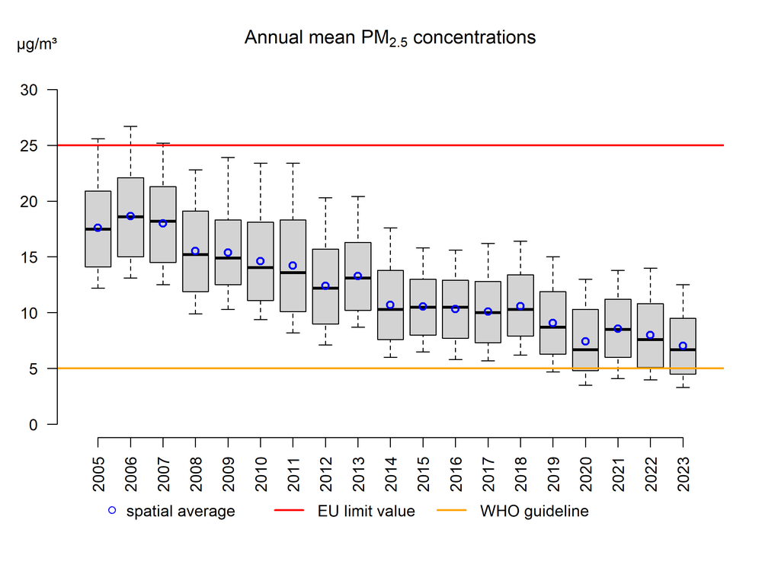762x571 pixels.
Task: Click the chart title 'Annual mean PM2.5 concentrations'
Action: pos(389,37)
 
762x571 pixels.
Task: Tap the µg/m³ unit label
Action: pos(37,44)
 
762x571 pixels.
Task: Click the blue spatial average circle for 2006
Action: pos(130,216)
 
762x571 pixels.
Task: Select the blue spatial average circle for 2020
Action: pos(585,342)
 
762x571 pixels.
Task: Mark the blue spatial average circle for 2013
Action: pos(357,276)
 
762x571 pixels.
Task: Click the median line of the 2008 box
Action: pos(195,254)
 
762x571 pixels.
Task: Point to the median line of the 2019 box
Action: pos(552,327)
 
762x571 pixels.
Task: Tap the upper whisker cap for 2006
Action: pos(130,126)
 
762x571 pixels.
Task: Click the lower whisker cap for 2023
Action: pos(683,388)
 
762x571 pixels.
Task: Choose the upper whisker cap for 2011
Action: pos(293,163)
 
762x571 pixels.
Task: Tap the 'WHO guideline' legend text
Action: pos(534,512)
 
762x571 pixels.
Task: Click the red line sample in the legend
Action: pos(294,512)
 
